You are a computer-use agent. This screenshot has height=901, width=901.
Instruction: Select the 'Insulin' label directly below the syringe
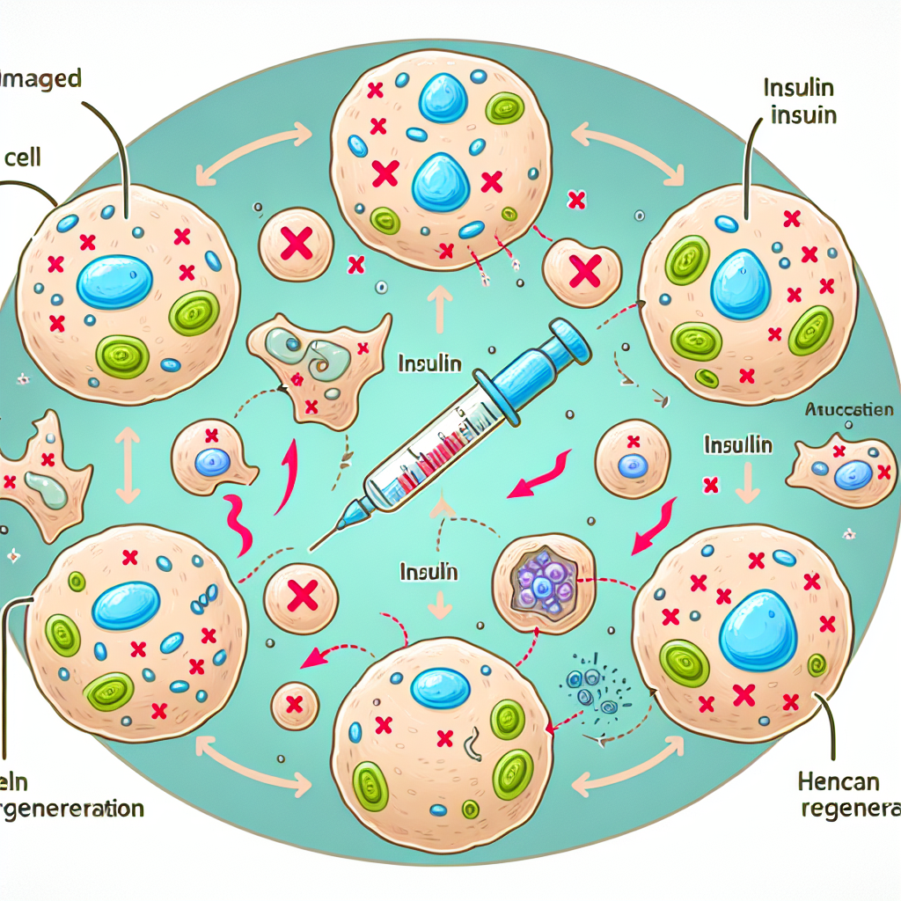[x=429, y=571]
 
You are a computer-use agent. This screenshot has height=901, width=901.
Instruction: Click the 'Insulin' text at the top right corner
[x=799, y=91]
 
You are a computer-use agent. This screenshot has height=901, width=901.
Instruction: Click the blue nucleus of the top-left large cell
[x=114, y=282]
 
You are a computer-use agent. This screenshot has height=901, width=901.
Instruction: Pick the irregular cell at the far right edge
[x=840, y=471]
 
